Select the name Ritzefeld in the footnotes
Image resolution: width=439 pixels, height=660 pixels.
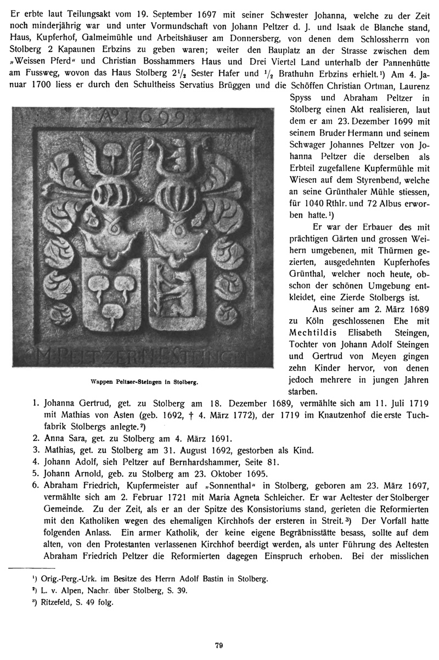[x=40, y=601]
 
